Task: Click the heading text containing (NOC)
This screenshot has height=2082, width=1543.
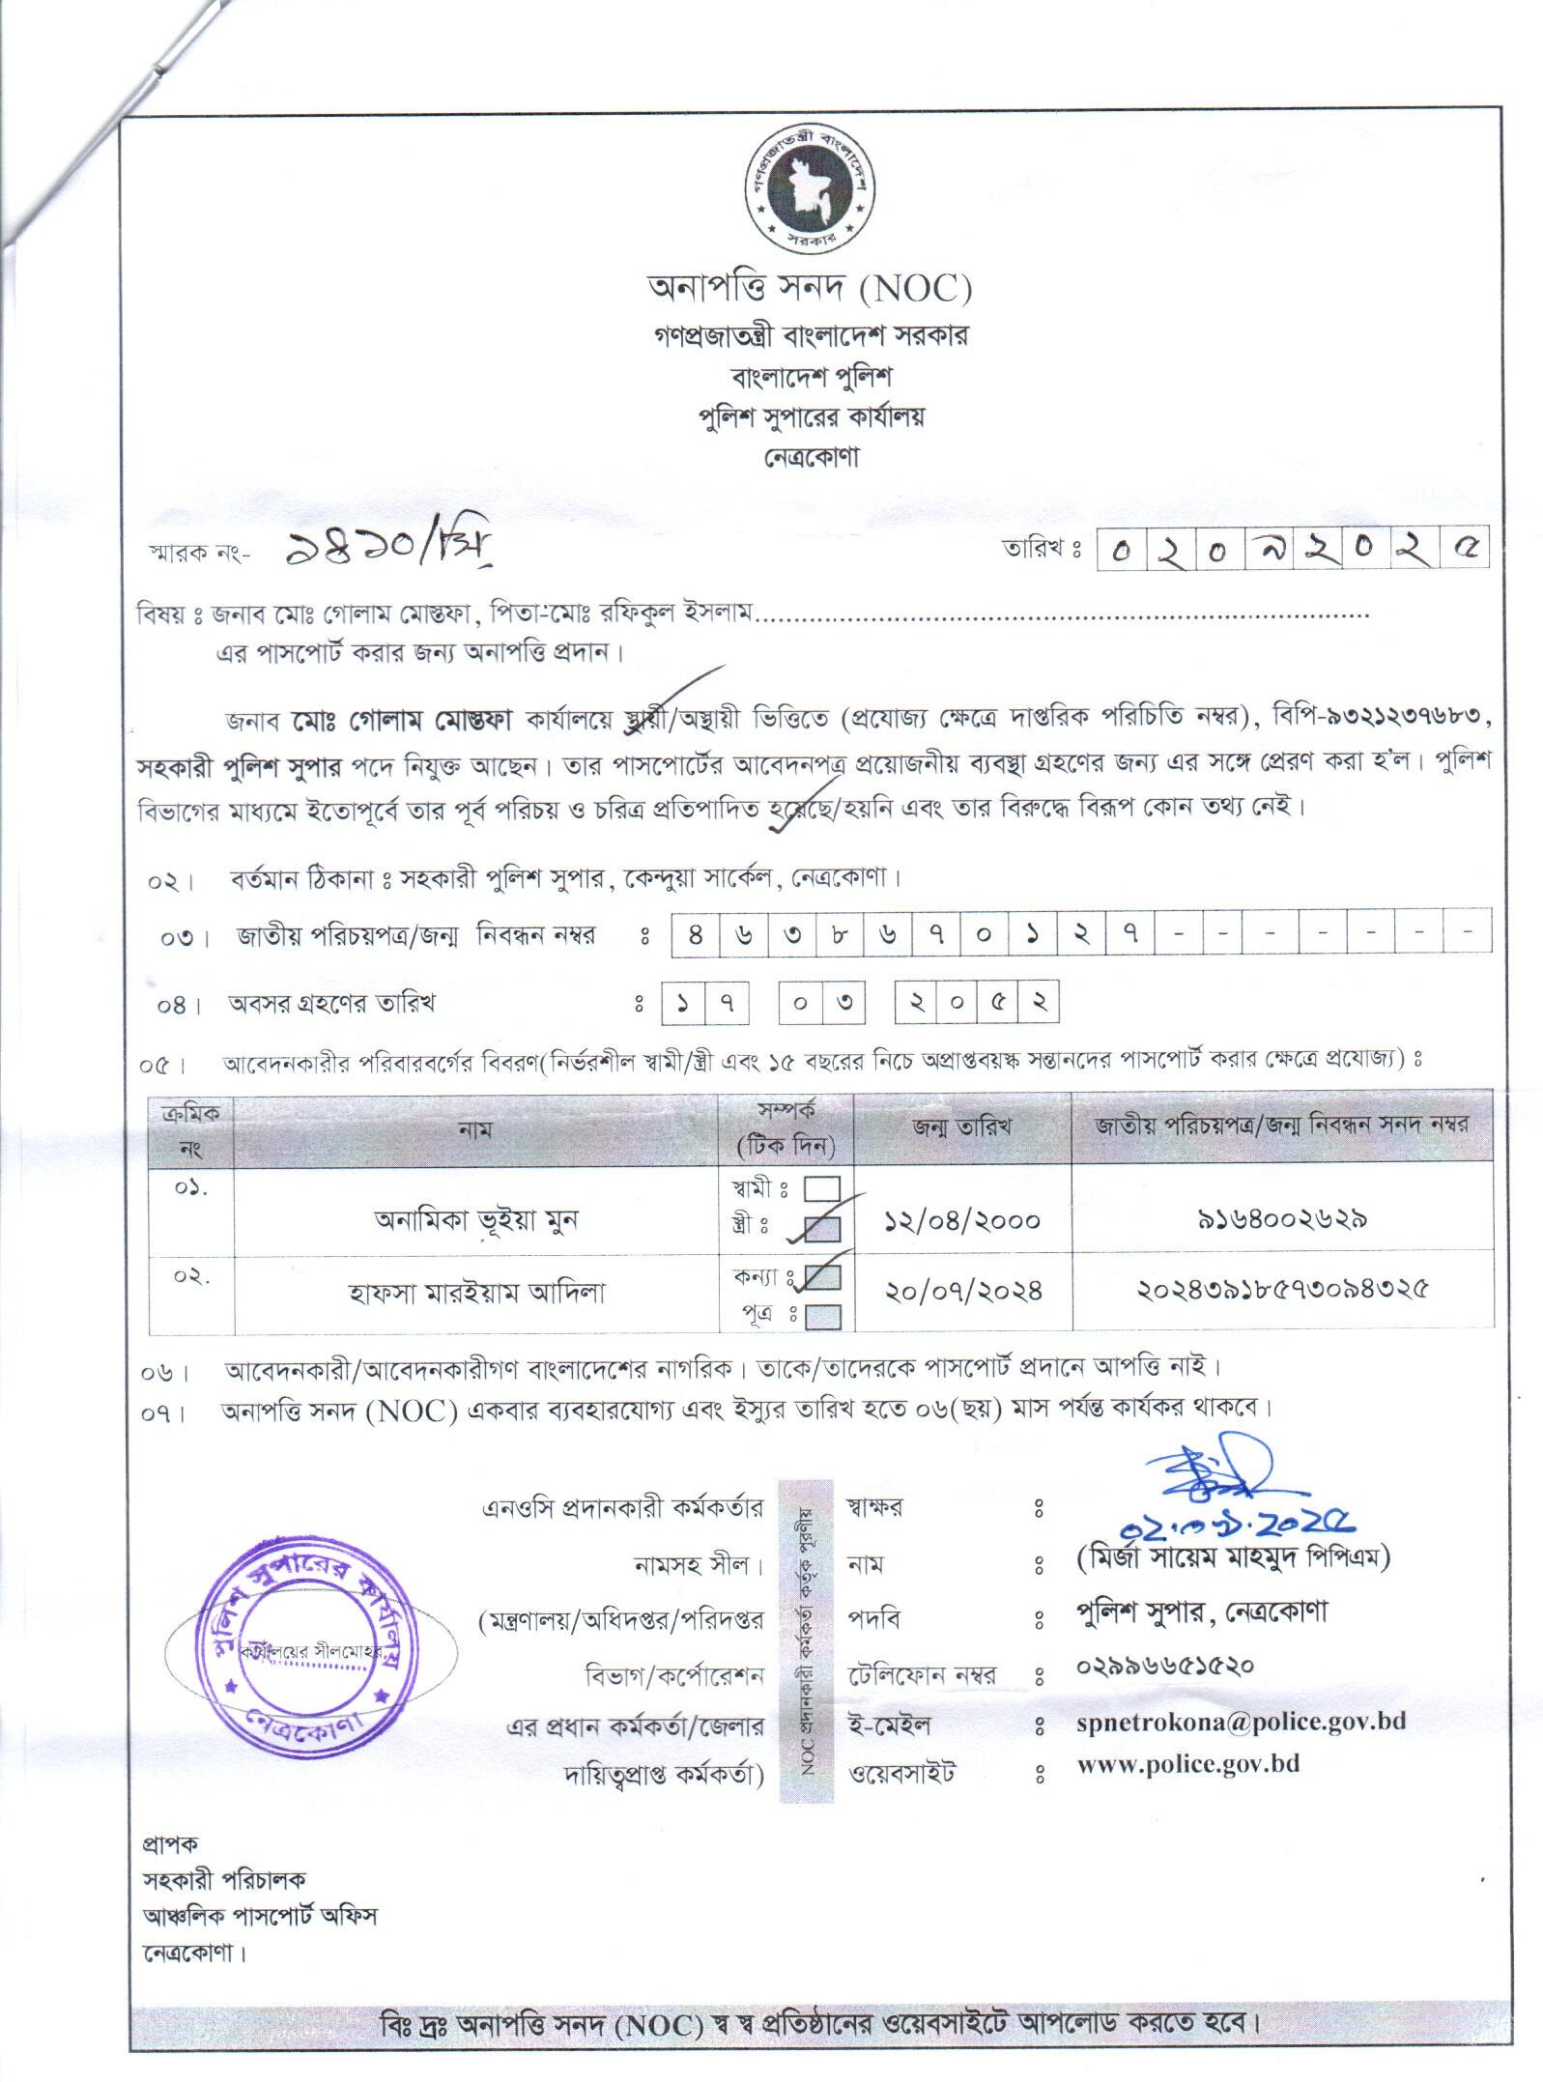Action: (809, 288)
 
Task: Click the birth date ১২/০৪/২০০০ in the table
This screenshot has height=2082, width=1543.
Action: (962, 1220)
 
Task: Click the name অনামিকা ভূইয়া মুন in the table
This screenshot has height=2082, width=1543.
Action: (475, 1220)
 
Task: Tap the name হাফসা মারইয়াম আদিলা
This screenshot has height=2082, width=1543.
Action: (476, 1292)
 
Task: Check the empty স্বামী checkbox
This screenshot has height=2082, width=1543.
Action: (821, 1189)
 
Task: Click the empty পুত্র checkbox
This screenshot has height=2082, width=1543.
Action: (821, 1315)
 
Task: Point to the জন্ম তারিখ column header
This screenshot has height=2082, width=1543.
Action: (962, 1127)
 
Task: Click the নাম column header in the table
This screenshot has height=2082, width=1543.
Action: (475, 1128)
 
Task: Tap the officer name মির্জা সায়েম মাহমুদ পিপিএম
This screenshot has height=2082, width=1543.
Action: (1231, 1557)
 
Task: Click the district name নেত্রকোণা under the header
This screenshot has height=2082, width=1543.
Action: (809, 457)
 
